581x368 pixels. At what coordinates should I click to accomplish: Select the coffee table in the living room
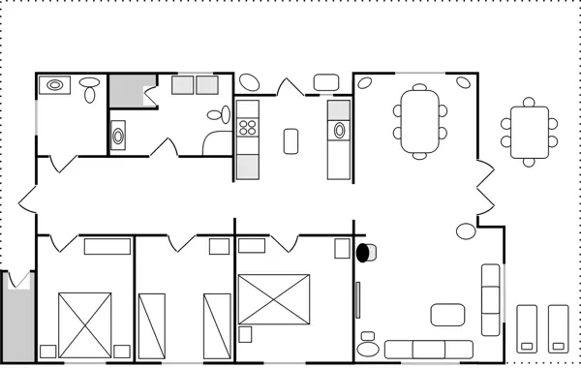tap(448, 315)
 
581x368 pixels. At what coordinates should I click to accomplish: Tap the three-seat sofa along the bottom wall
tap(428, 349)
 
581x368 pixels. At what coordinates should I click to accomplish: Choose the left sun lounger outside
tap(527, 327)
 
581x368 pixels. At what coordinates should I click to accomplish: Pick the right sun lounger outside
tap(558, 327)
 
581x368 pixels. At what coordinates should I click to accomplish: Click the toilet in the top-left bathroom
tap(90, 89)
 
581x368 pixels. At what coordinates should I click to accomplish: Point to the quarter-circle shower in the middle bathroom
tap(212, 141)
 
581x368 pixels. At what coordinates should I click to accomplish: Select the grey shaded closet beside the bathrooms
tap(125, 90)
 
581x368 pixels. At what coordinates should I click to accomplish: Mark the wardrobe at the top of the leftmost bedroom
tap(107, 246)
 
